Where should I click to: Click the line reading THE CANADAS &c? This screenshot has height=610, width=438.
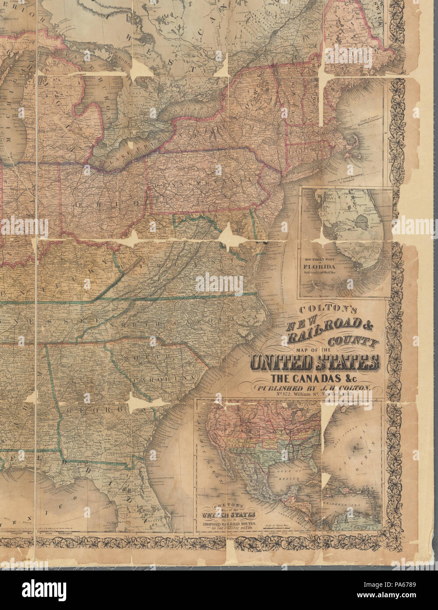coord(314,378)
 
